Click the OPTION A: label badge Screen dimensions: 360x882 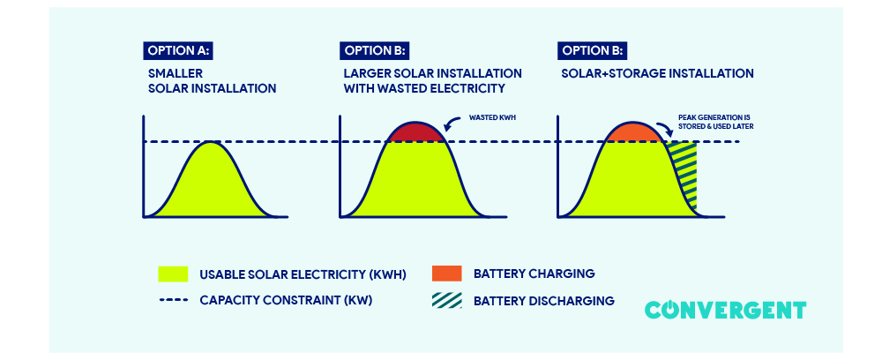point(177,50)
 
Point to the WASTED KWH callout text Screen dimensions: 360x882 point(492,116)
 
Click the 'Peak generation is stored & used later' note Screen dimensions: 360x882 point(715,121)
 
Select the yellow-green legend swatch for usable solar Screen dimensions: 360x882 point(173,274)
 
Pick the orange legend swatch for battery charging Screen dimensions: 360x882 point(447,274)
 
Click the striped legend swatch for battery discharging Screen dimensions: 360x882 point(447,301)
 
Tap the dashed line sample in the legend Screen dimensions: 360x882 point(173,301)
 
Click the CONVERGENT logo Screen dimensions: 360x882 point(725,310)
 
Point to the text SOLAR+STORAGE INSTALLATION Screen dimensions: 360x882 point(657,74)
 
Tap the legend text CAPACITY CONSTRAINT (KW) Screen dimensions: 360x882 point(286,301)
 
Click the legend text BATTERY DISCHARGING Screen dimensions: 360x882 point(543,301)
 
